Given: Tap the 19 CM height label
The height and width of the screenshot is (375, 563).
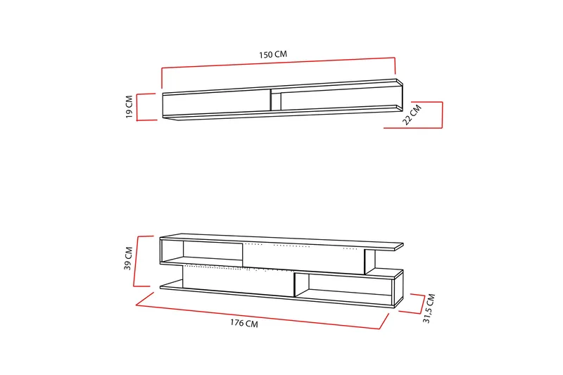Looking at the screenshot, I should (x=129, y=107).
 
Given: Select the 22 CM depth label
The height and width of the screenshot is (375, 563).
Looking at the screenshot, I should (x=412, y=114).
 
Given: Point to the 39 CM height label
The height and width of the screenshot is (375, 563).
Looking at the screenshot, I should (x=128, y=258).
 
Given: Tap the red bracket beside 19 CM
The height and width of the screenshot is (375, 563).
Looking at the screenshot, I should (x=138, y=107).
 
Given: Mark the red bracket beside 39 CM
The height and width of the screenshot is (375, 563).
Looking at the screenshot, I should (x=139, y=261).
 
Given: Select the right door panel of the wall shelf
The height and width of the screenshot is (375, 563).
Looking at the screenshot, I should (x=334, y=98).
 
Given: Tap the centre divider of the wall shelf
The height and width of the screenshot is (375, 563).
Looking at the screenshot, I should (x=270, y=99).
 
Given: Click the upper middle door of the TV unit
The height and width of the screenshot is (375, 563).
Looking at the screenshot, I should (x=303, y=258).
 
